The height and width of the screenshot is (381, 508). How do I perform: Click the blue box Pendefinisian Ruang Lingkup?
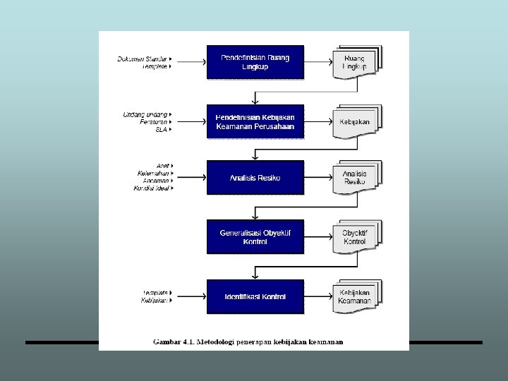(255, 61)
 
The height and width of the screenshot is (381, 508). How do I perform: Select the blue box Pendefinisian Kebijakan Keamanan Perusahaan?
(255, 121)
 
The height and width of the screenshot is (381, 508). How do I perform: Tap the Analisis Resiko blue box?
(255, 178)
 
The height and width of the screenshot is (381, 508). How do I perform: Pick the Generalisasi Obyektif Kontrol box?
(255, 237)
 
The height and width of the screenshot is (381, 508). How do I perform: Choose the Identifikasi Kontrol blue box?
(255, 297)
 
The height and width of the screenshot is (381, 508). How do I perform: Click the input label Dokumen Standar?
(142, 59)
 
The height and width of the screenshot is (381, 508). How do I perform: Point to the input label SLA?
(162, 130)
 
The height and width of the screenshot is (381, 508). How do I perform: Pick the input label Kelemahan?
(152, 174)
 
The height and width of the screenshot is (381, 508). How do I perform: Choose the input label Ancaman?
(155, 181)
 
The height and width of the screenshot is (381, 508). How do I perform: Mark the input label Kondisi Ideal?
(150, 188)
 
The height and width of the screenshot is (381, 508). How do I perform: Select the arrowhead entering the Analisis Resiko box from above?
(255, 158)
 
